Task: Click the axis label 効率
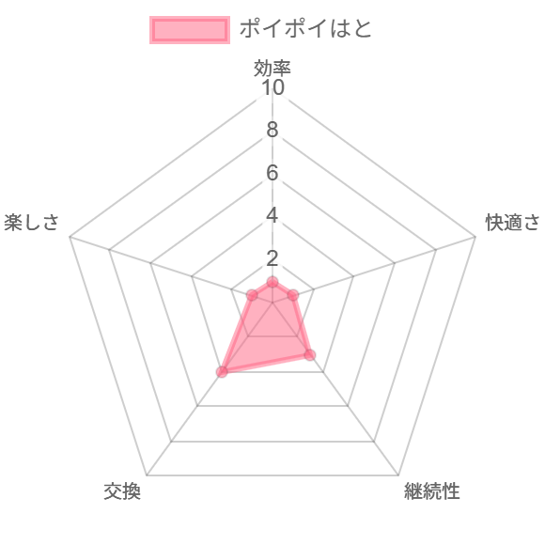coord(272,68)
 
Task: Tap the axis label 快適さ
coord(513,222)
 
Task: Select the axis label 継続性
coord(431,491)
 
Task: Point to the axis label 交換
coord(122,491)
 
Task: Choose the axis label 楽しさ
coord(31,222)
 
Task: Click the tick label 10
coord(272,87)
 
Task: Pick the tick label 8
coord(272,130)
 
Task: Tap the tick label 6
coord(272,173)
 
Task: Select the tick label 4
coord(272,215)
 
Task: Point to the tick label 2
coord(272,258)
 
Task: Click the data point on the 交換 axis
coord(222,372)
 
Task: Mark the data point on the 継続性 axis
coord(310,355)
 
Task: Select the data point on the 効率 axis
coord(272,282)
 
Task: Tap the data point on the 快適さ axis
coord(293,296)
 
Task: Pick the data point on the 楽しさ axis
coord(252,296)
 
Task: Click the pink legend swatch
coord(190,30)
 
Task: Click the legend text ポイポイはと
coord(306,28)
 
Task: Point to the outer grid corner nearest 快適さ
coord(475,237)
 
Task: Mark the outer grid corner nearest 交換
coord(147,475)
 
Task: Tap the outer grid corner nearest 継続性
coord(398,475)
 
